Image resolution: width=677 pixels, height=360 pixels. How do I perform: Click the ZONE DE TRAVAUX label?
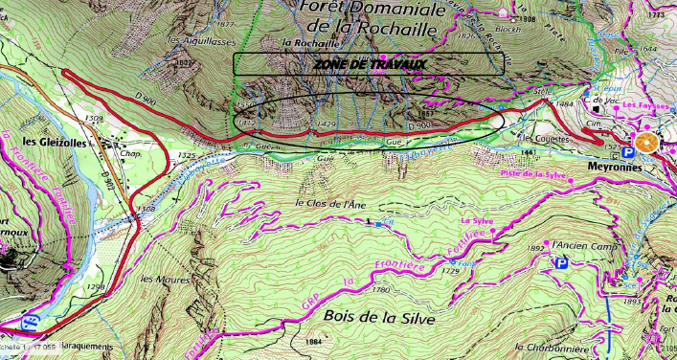[369, 64]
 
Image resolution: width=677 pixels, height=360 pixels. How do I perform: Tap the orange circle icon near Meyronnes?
[646, 144]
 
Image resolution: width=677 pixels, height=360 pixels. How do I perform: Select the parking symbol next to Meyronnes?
[627, 151]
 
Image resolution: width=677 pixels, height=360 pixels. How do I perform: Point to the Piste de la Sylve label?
[526, 173]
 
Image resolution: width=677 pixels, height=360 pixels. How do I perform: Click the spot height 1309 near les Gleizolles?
[94, 118]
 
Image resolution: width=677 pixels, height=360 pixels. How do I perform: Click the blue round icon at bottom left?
[31, 323]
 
